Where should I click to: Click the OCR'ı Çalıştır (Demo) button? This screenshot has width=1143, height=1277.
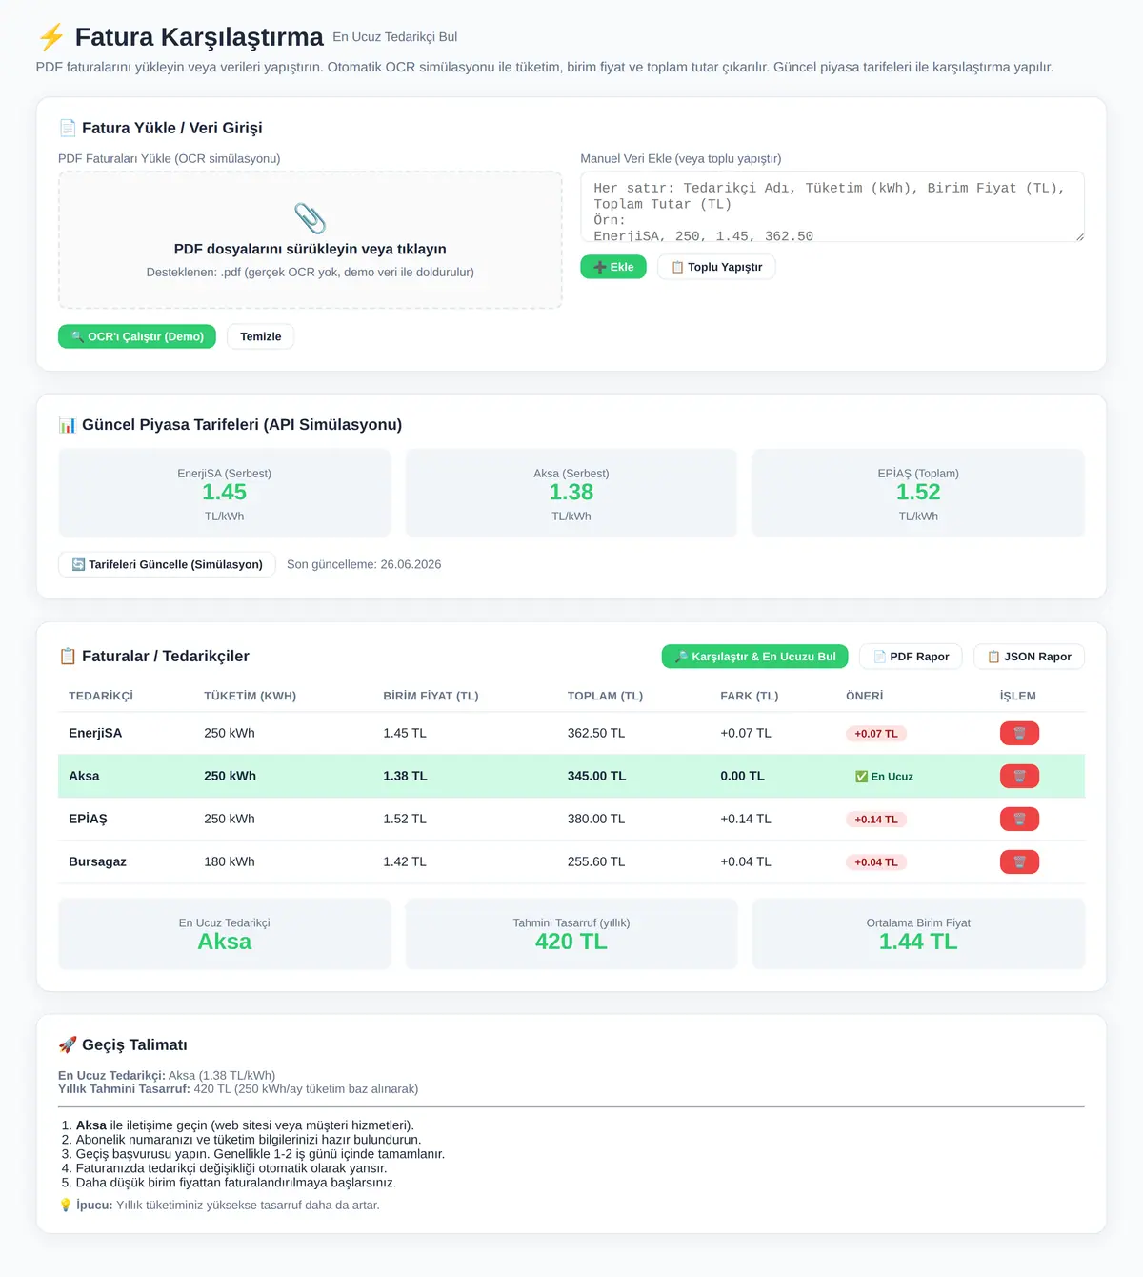pyautogui.click(x=137, y=336)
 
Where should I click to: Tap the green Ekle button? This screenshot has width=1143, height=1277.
pyautogui.click(x=613, y=267)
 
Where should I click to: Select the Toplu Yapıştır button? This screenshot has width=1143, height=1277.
pyautogui.click(x=715, y=267)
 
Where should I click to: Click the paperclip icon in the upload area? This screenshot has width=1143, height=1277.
pyautogui.click(x=310, y=218)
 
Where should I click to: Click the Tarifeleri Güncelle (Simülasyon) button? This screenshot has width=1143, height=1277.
pyautogui.click(x=167, y=564)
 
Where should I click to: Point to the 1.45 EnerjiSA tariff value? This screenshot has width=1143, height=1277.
pyautogui.click(x=225, y=492)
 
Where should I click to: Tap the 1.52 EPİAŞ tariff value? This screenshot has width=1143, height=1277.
pyautogui.click(x=918, y=492)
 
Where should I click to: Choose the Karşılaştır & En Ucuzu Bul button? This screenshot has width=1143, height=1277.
pyautogui.click(x=755, y=657)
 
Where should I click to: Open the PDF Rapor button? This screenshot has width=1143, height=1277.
pyautogui.click(x=911, y=657)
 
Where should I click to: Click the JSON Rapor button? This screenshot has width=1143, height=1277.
pyautogui.click(x=1029, y=657)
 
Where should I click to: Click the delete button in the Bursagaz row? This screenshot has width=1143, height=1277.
pyautogui.click(x=1019, y=861)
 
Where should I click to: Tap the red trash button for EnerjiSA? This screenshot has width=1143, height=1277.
pyautogui.click(x=1019, y=733)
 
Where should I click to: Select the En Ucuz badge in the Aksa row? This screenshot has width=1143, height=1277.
pyautogui.click(x=884, y=776)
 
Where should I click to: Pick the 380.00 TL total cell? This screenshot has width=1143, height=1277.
pyautogui.click(x=596, y=819)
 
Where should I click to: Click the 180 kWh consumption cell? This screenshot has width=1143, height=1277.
pyautogui.click(x=230, y=861)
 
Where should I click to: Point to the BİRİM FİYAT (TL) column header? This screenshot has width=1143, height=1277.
pyautogui.click(x=431, y=696)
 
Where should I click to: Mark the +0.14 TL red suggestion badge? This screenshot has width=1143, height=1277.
pyautogui.click(x=876, y=820)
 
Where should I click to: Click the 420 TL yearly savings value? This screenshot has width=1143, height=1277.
pyautogui.click(x=571, y=941)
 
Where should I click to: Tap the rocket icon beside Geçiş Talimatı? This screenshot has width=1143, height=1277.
pyautogui.click(x=68, y=1044)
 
